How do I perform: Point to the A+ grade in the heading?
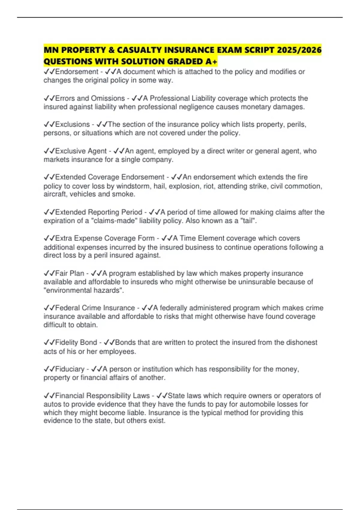pyautogui.click(x=211, y=61)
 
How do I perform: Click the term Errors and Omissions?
pyautogui.click(x=90, y=98)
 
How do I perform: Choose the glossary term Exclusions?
pyautogui.click(x=72, y=124)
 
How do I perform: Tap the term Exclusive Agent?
pyautogui.click(x=81, y=151)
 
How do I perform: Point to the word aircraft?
pyautogui.click(x=55, y=194)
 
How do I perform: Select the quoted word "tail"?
pyautogui.click(x=249, y=221)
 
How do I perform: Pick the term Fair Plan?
pyautogui.click(x=70, y=273)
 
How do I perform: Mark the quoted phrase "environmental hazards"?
pyautogui.click(x=83, y=290)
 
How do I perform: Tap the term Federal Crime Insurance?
pyautogui.click(x=95, y=308)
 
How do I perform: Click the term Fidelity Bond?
pyautogui.click(x=76, y=342)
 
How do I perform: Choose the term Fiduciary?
pyautogui.click(x=70, y=369)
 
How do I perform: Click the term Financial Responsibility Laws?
pyautogui.click(x=102, y=396)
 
